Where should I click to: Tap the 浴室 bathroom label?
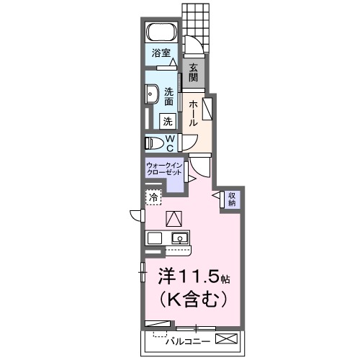tap(161, 53)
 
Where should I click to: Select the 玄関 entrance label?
tap(194, 72)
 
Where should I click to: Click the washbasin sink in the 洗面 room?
tap(153, 95)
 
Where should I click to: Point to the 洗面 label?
tap(168, 96)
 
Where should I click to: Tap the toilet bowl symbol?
tap(154, 141)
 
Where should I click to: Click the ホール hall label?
tap(193, 113)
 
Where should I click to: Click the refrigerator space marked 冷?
tap(153, 197)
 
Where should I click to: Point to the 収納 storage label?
tap(232, 199)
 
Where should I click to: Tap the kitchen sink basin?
tap(178, 238)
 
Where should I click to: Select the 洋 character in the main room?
tap(166, 276)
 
